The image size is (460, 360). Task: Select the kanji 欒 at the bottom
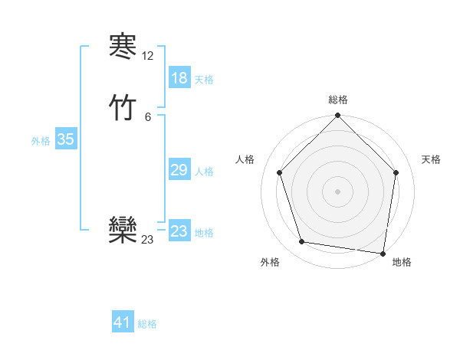123,231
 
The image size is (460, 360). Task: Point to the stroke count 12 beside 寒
148,57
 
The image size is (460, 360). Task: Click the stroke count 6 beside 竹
148,116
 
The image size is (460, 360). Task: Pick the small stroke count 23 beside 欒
148,240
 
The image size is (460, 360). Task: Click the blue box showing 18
179,78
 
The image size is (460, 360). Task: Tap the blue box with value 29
179,170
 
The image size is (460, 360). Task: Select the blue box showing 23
179,231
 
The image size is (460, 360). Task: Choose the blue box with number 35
65,139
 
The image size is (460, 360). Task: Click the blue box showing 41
123,322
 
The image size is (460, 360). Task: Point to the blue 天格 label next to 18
204,80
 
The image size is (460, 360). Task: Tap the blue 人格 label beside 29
204,172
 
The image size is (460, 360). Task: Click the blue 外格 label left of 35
41,141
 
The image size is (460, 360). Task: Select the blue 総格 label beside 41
147,324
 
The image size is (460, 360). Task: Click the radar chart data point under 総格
337,116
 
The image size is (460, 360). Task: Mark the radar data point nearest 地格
383,253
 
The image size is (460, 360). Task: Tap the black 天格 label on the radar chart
431,159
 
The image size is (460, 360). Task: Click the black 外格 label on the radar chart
270,262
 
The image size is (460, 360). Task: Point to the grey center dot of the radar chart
337,191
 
